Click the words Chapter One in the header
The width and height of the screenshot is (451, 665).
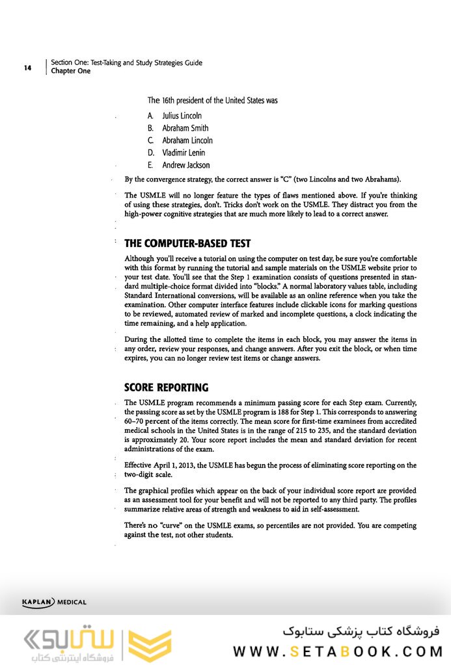[x=70, y=72]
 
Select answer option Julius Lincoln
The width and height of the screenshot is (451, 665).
[x=182, y=116]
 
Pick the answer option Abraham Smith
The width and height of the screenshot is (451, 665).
[x=185, y=128]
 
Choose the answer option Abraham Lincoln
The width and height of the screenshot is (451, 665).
[x=187, y=140]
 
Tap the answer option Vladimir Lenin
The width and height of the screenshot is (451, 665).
[x=184, y=153]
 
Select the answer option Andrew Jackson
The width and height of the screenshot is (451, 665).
[x=185, y=165]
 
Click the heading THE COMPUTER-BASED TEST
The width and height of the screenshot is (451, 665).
[x=187, y=244]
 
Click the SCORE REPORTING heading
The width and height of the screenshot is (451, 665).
[x=166, y=387]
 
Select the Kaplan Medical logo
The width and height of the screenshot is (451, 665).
[x=54, y=602]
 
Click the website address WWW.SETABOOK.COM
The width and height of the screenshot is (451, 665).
[x=337, y=651]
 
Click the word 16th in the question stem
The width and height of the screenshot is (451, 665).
[x=171, y=101]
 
